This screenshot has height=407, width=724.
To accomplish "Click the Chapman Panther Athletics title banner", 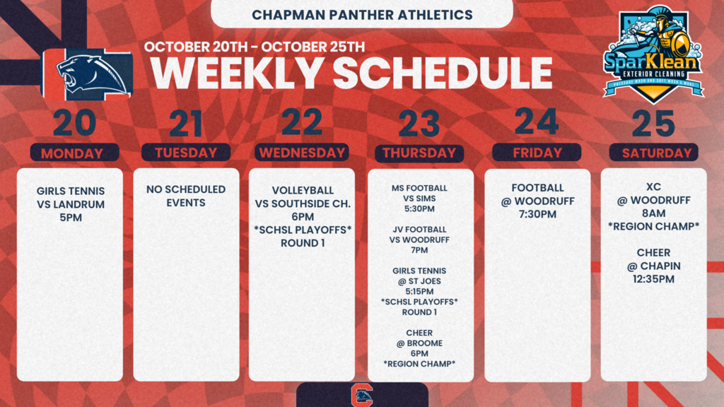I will [362, 14].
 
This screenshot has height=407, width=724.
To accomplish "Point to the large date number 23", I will [419, 124].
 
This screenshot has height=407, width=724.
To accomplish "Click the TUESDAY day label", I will [186, 153].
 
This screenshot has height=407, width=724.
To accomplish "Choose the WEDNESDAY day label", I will [302, 153].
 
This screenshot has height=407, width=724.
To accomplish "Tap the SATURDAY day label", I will [653, 153].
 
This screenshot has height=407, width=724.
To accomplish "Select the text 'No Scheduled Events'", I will [186, 196].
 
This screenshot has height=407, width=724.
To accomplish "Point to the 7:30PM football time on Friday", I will [537, 214].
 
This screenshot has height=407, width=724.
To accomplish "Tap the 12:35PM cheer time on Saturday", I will [653, 279].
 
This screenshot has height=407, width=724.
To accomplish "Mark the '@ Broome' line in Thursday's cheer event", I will [419, 343].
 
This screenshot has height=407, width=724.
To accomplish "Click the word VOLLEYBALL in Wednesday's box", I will [303, 191].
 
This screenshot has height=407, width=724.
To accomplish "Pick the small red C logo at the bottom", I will [361, 396].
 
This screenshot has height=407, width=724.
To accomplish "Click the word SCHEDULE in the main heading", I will [442, 73].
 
